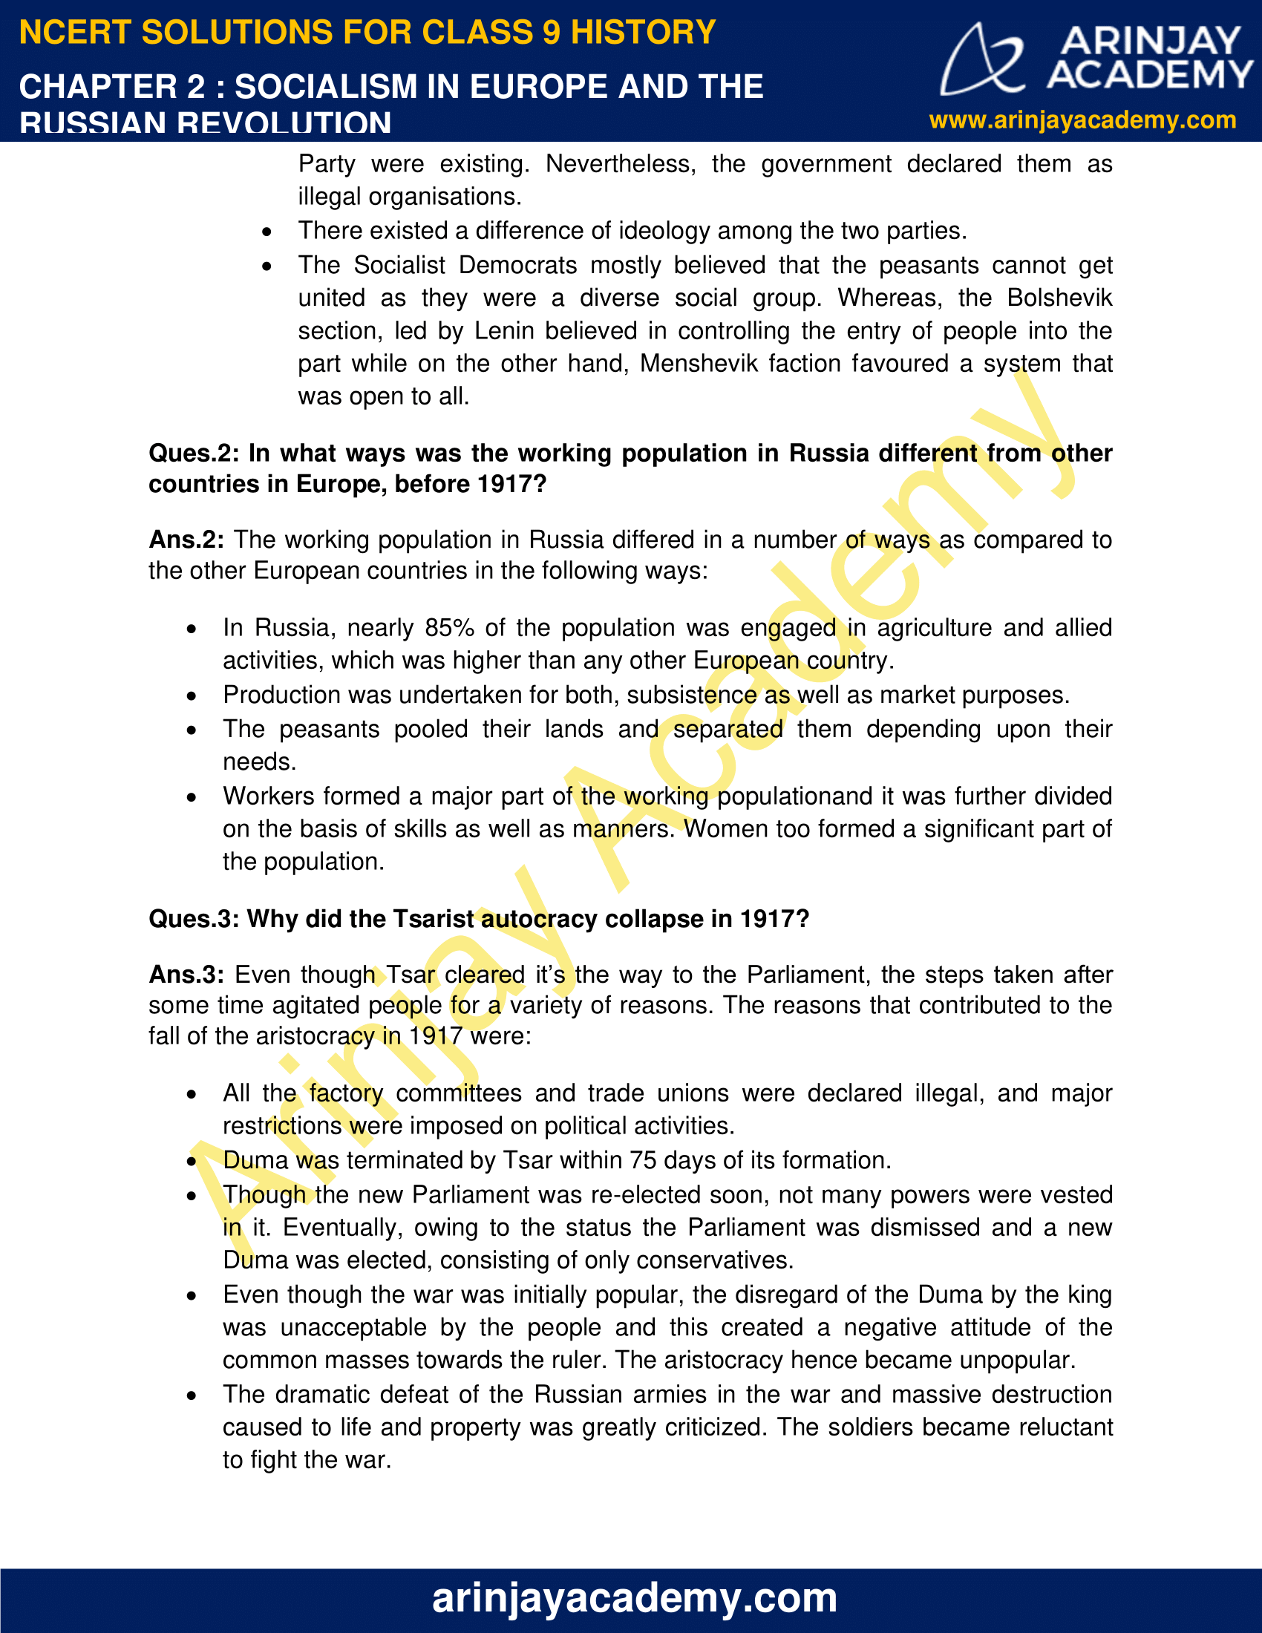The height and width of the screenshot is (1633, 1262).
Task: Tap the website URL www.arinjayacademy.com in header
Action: click(1082, 120)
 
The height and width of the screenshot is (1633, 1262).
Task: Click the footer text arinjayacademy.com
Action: click(634, 1597)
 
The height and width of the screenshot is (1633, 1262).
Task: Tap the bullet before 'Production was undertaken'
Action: click(192, 696)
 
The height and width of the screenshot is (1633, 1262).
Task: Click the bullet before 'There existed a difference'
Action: click(267, 232)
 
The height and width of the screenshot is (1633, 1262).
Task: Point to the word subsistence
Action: click(692, 695)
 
